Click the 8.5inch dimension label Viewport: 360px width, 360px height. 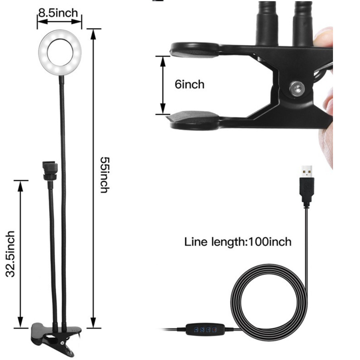58,13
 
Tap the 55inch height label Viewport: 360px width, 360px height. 105,175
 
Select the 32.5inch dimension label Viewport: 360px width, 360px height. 10,254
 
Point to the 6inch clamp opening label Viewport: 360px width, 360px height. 190,84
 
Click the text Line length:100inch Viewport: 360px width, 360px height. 238,242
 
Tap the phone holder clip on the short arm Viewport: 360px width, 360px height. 50,170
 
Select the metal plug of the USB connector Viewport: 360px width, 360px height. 307,171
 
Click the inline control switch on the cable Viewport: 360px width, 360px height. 205,329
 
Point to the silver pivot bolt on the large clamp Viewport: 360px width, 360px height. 297,88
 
